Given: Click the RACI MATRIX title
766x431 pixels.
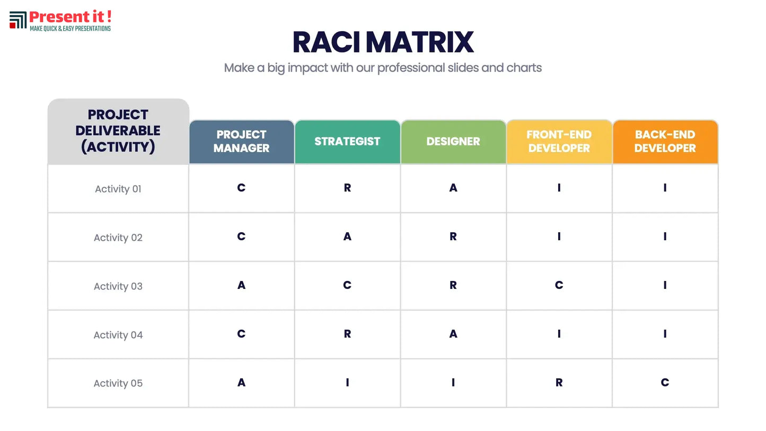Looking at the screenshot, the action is [x=383, y=42].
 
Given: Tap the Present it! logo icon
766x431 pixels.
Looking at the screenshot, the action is [x=18, y=20].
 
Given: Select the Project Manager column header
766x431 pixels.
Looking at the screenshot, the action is [x=241, y=142].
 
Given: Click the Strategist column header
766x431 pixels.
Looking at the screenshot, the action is [x=347, y=142].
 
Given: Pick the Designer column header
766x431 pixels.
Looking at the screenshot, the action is [x=453, y=142].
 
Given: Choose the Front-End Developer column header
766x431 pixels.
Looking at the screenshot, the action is [x=559, y=142].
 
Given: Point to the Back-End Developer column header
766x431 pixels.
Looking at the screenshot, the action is [x=665, y=142].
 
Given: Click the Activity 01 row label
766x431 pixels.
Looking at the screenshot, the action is [x=118, y=189].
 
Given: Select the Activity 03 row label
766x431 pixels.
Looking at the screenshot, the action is [x=118, y=286].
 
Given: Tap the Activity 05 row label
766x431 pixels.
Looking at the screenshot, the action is [x=118, y=383].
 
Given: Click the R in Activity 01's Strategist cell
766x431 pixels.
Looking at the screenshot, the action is [x=347, y=188].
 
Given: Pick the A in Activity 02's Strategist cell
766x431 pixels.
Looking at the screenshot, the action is [x=347, y=236].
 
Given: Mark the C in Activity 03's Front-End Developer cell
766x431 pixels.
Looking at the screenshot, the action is [x=559, y=285].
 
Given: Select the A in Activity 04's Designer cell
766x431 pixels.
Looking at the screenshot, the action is [x=453, y=333].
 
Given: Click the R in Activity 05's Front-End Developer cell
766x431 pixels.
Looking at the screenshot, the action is [x=559, y=382].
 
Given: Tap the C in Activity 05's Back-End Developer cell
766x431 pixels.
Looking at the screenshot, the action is [x=665, y=382].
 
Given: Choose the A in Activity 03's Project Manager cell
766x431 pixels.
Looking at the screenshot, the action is [x=241, y=285].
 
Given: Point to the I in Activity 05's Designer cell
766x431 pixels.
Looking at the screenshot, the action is [x=453, y=382].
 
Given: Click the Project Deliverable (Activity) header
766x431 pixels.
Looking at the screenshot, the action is [x=118, y=131].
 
